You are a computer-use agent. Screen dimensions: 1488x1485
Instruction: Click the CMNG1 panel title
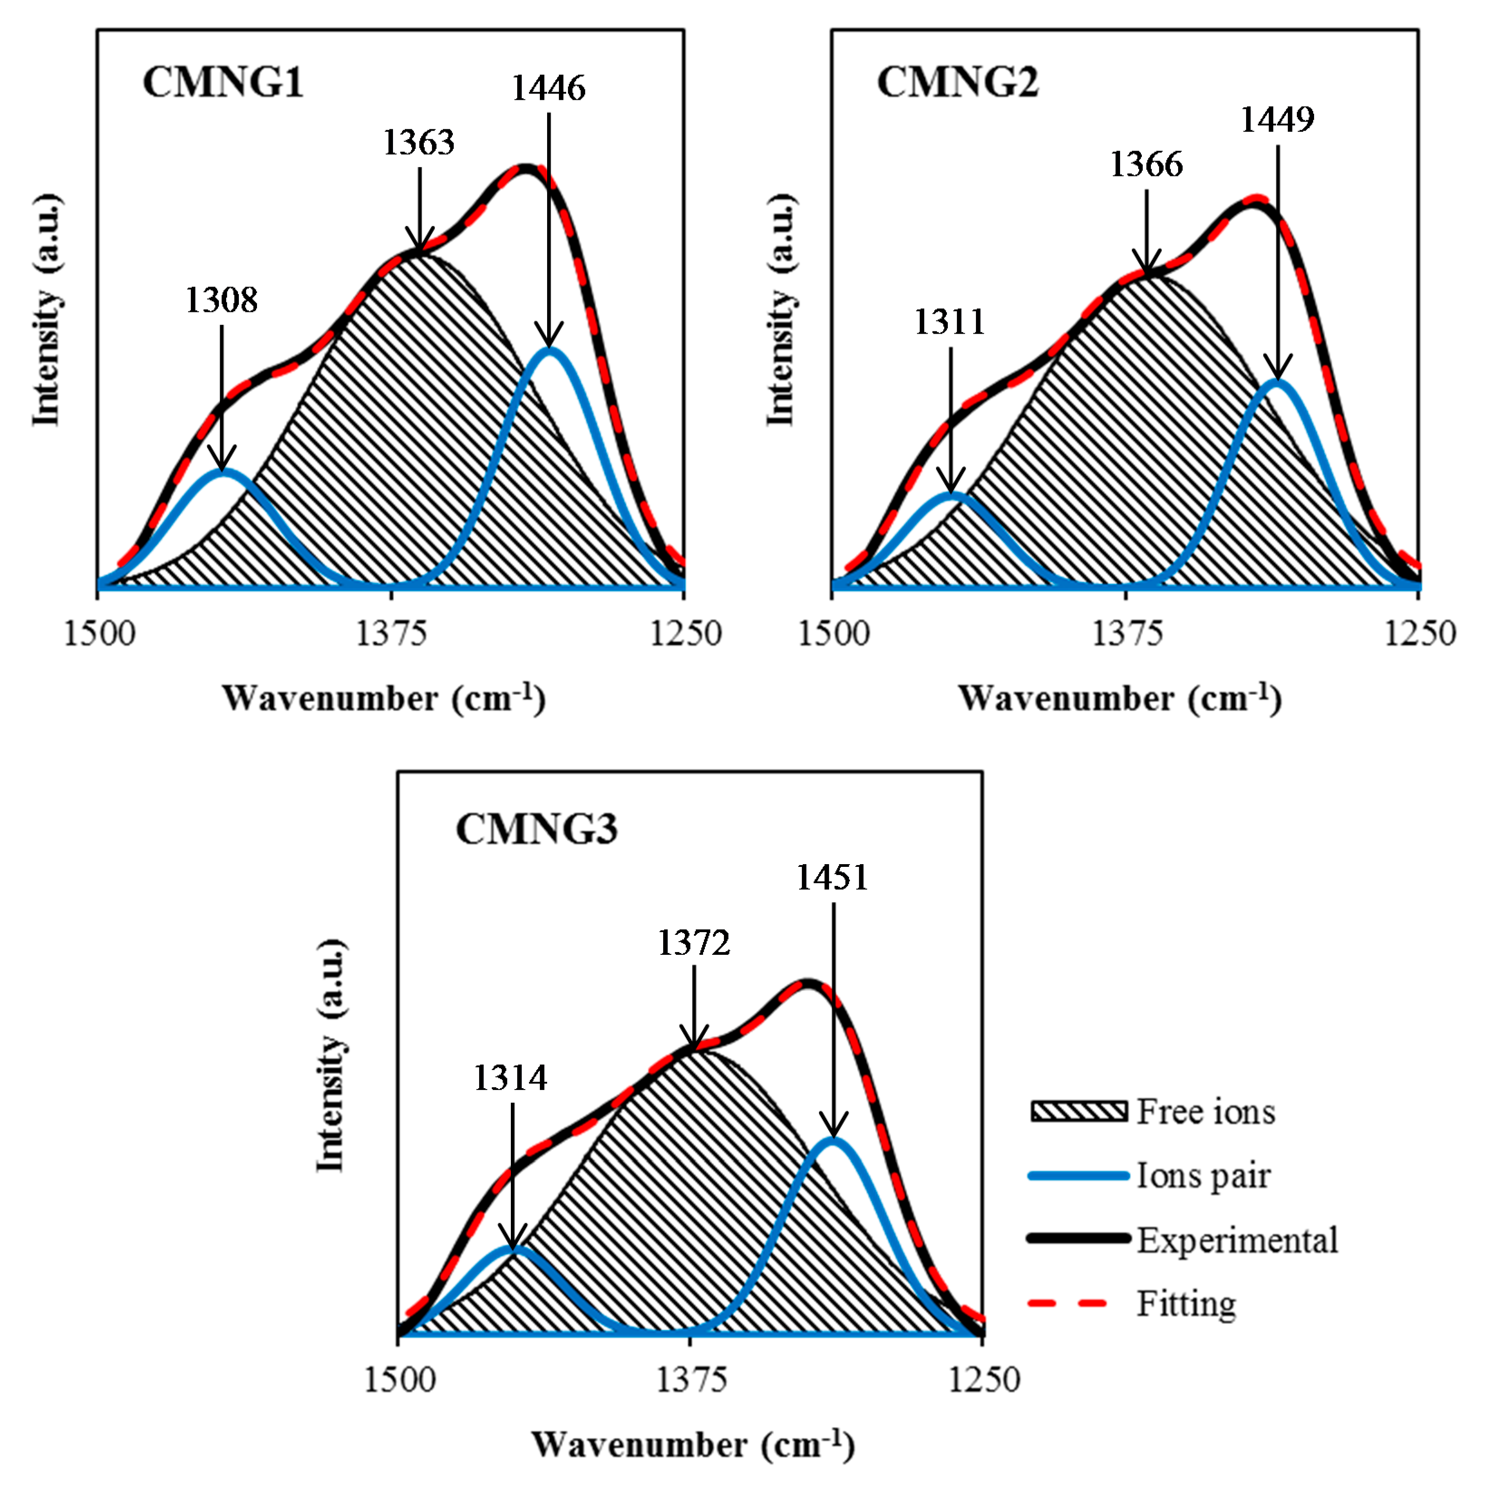point(223,83)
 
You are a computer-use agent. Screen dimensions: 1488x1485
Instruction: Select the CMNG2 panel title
point(957,83)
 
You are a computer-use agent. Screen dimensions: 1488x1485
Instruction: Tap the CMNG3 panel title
point(536,830)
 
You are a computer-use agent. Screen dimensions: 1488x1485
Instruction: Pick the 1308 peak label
point(222,301)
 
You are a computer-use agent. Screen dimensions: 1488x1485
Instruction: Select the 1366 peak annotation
point(1146,165)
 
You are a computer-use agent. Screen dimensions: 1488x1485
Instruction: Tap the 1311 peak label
point(950,322)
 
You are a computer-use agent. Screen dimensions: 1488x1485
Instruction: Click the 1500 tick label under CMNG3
point(399,1379)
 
